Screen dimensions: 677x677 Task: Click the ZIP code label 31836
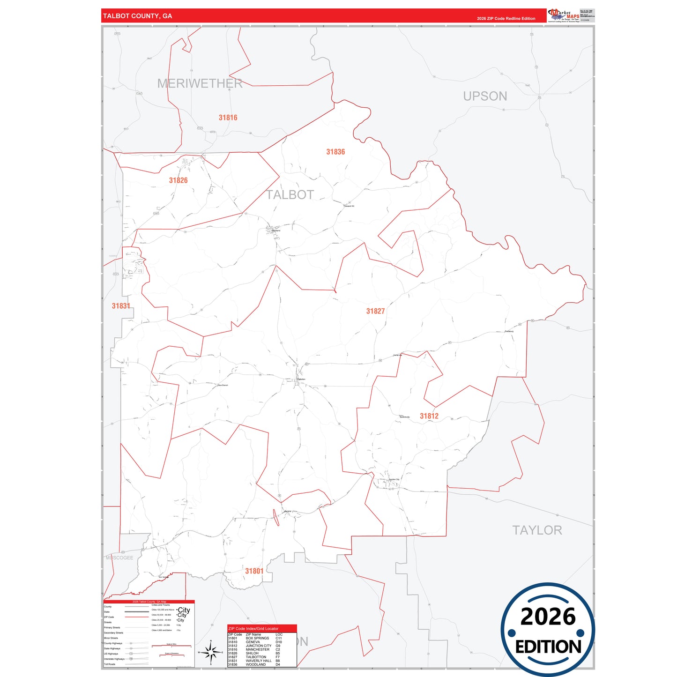335,152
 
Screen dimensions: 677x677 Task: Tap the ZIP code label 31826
178,180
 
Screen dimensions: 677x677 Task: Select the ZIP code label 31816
228,118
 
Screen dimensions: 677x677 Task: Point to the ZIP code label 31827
375,311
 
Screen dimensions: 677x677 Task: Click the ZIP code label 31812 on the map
429,416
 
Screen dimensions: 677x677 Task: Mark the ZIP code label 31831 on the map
121,306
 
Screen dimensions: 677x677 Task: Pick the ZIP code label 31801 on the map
254,571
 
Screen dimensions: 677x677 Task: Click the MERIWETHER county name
200,83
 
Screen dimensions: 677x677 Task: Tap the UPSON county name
485,96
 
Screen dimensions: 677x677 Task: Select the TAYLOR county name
537,530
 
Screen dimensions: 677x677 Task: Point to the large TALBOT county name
290,195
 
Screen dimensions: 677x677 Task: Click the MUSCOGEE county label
119,558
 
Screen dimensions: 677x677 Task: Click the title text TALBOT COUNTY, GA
137,16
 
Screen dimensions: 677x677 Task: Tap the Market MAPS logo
564,15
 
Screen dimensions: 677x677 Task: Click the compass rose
211,652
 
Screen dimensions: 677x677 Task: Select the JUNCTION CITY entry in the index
258,646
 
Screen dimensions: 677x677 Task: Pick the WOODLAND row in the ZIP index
255,664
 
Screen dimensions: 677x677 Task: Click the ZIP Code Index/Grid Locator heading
253,628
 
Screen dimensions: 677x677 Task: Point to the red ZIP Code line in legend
136,617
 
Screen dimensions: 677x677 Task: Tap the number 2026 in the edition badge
548,617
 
